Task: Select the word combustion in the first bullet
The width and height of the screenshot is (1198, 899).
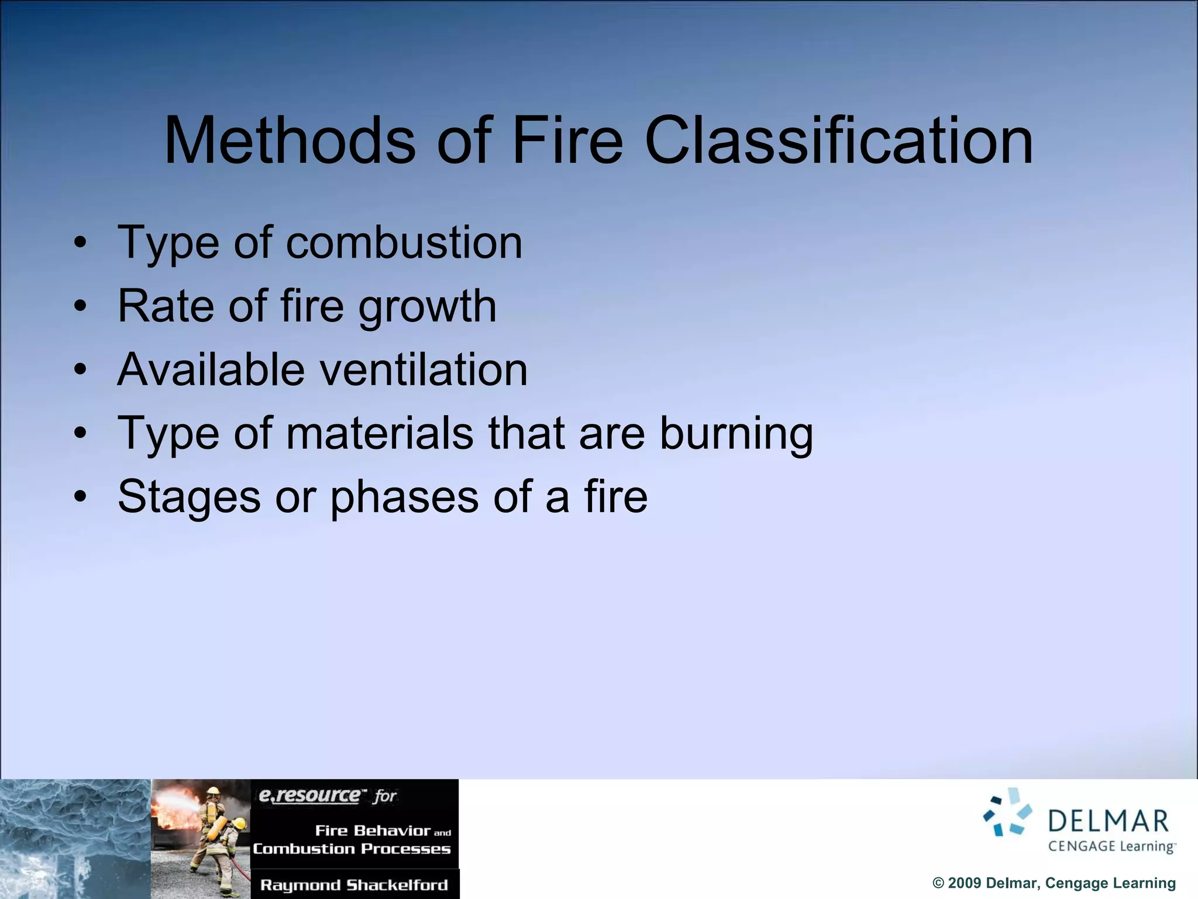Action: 404,242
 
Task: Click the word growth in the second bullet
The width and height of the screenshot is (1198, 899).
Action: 427,307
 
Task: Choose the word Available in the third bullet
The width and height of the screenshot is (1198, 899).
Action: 211,370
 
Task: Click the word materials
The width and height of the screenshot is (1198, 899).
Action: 380,433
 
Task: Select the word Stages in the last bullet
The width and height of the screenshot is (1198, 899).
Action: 189,497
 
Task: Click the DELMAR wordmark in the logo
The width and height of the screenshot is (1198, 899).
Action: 1109,821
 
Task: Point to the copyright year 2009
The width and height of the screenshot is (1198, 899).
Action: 964,883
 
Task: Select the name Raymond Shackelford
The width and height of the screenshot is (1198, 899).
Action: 354,885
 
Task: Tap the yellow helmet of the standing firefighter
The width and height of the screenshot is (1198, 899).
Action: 214,791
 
